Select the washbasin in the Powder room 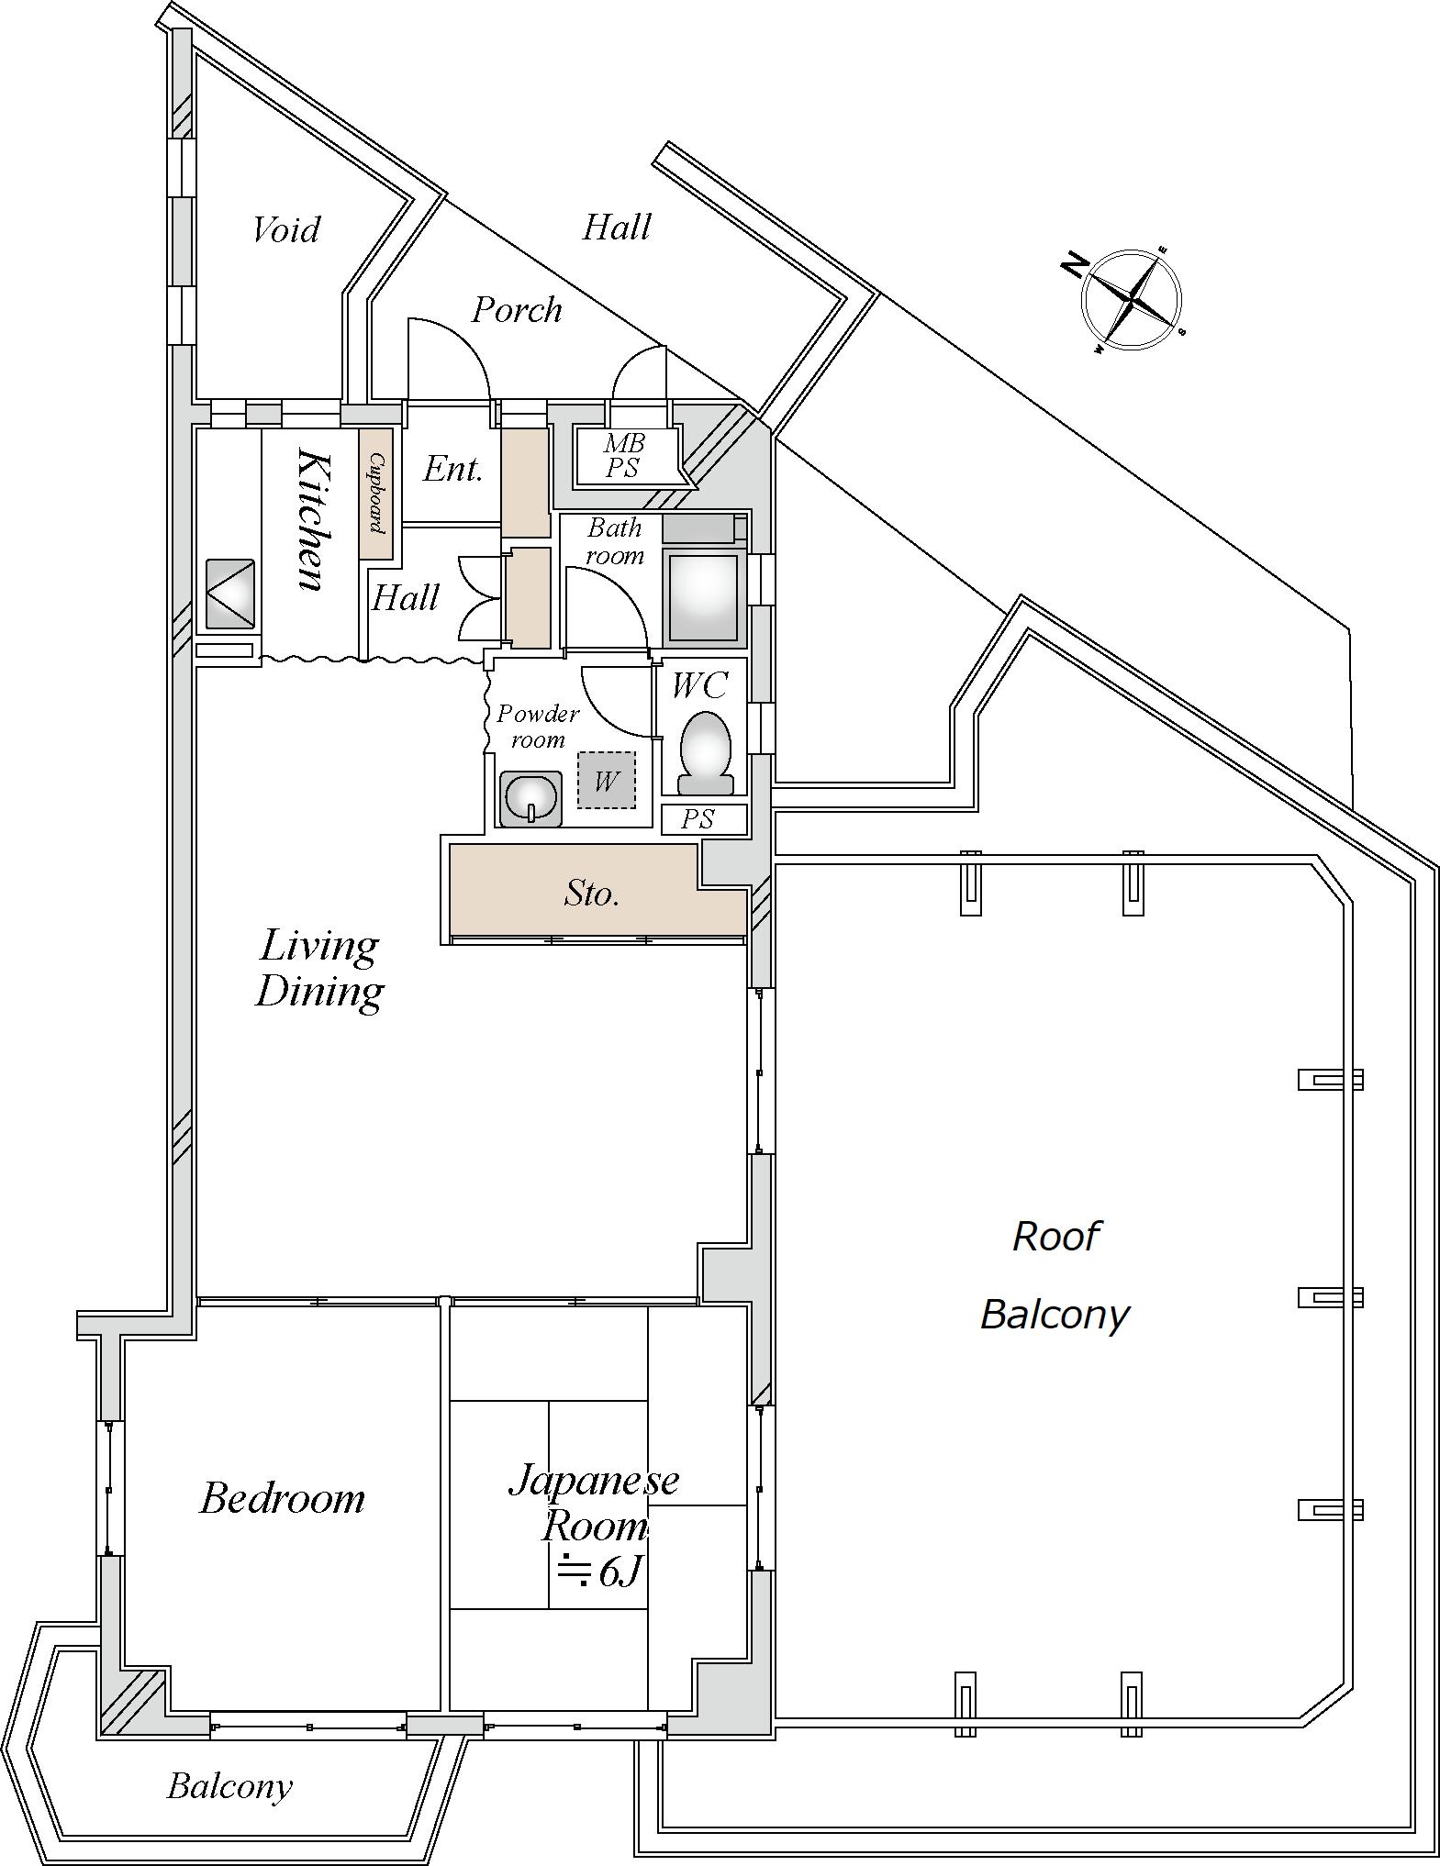(x=530, y=797)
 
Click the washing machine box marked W (x=606, y=780)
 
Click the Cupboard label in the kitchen (x=376, y=493)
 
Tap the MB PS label (x=624, y=455)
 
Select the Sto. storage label (x=592, y=893)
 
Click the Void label (x=286, y=229)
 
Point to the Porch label (x=517, y=310)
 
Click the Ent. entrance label (x=452, y=469)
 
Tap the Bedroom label (x=282, y=1498)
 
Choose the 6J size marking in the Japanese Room (x=599, y=1572)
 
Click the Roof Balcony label (x=1055, y=1275)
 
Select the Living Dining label (x=319, y=968)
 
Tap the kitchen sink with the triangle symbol (x=229, y=594)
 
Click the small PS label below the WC (x=698, y=818)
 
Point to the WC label (x=699, y=685)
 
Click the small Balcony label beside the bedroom (x=229, y=1785)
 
